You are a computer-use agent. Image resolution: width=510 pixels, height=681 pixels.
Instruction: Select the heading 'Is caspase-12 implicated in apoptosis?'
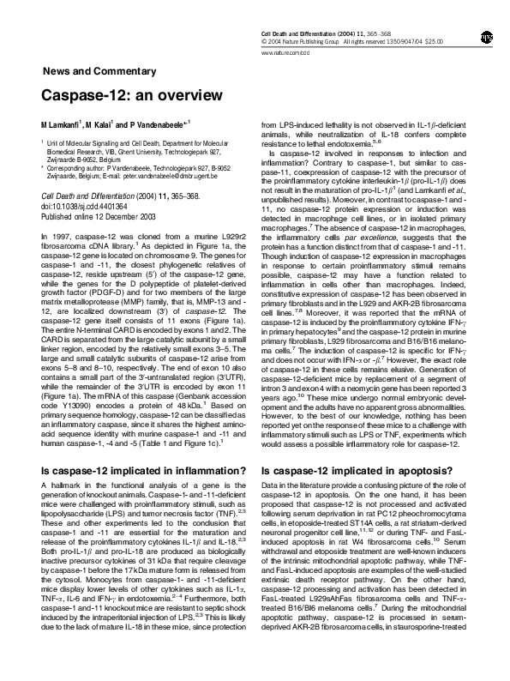(x=354, y=470)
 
